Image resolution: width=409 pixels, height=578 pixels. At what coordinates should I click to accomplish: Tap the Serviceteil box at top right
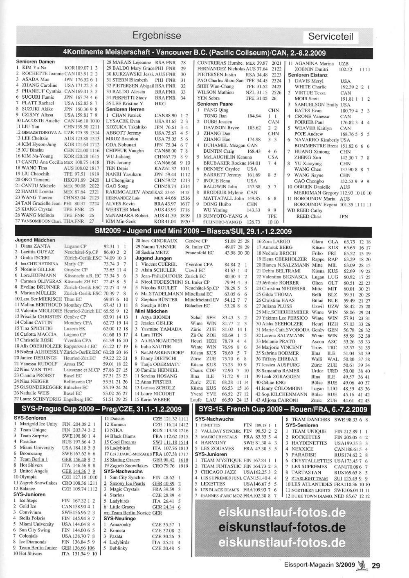tap(330, 36)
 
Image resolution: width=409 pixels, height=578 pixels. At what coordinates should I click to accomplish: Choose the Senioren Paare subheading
tap(215, 104)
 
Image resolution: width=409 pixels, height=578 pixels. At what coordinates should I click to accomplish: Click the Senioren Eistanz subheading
tap(308, 75)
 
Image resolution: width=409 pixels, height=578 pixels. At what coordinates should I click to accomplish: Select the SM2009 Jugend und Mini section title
tap(193, 231)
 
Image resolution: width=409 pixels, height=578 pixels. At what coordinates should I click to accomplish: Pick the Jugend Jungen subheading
tap(153, 258)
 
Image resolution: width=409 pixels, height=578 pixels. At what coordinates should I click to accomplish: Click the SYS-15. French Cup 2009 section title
tap(283, 409)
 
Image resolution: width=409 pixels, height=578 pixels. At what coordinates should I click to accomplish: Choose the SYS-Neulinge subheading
tap(120, 518)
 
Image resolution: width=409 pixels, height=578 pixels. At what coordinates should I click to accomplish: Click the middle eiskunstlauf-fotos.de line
tap(282, 527)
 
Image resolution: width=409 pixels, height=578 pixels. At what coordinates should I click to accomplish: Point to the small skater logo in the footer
tap(362, 566)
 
